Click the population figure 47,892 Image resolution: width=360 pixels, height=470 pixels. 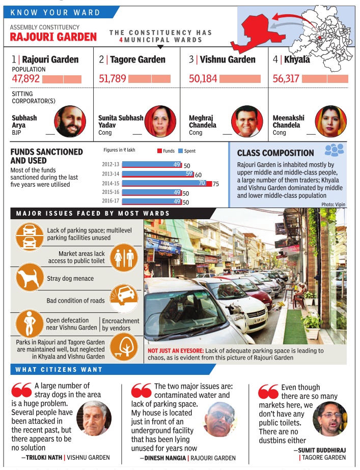25,79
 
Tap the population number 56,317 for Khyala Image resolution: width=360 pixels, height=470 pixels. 287,79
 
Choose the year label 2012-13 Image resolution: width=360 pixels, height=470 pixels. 110,165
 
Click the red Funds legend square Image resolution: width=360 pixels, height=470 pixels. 159,151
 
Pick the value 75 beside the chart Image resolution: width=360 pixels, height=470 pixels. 216,184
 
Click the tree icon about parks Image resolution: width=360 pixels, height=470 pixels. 124,349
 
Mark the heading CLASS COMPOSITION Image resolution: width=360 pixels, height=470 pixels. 275,153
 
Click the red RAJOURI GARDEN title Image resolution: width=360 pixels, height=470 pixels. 53,37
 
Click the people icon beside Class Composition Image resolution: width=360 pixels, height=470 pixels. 334,150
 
